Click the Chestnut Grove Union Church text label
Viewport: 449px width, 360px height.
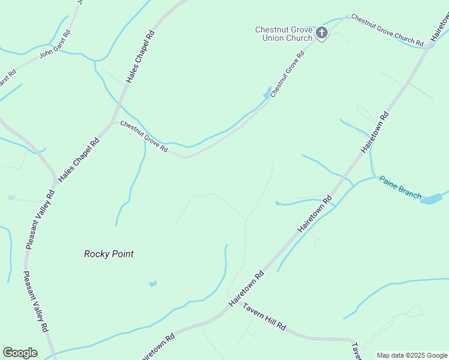pyautogui.click(x=283, y=34)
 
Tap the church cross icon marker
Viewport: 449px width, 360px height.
pyautogui.click(x=322, y=33)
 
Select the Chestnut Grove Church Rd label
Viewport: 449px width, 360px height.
pyautogui.click(x=387, y=30)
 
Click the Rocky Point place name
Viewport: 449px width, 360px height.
pyautogui.click(x=109, y=254)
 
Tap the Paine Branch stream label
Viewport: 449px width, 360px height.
pyautogui.click(x=400, y=188)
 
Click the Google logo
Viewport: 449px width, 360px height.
pyautogui.click(x=20, y=353)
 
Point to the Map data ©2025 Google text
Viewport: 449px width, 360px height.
pyautogui.click(x=412, y=355)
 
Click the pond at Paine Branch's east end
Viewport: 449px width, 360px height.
pyautogui.click(x=432, y=199)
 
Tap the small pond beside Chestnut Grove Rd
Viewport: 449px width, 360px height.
pyautogui.click(x=267, y=94)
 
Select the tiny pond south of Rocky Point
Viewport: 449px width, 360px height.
pyautogui.click(x=153, y=283)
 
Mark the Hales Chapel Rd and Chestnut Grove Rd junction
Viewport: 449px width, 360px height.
pyautogui.click(x=113, y=122)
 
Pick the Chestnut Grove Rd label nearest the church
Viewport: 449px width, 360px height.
pyautogui.click(x=288, y=74)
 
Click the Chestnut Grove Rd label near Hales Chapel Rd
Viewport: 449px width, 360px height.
pyautogui.click(x=143, y=137)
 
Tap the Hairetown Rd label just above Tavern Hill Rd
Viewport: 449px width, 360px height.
pyautogui.click(x=246, y=290)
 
